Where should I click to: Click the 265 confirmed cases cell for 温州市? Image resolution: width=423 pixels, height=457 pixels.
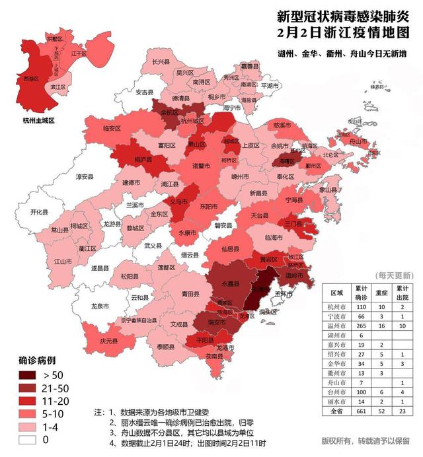(361, 326)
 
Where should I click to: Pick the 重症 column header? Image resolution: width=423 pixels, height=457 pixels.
(383, 293)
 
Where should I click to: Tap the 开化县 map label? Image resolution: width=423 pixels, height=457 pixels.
(40, 213)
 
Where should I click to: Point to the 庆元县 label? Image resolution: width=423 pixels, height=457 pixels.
(109, 341)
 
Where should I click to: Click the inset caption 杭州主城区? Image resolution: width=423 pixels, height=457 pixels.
(38, 121)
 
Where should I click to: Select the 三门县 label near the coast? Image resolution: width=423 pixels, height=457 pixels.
(293, 225)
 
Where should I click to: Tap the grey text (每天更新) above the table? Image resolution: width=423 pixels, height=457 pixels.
(394, 274)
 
